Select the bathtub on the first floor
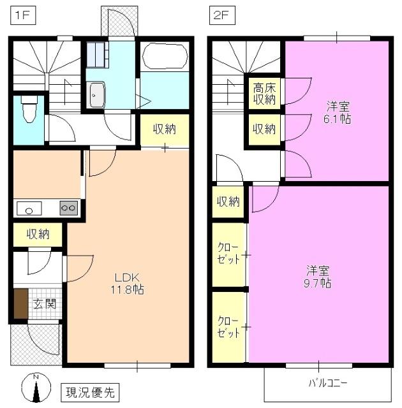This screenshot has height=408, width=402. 165,57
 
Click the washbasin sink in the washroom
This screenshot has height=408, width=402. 97,96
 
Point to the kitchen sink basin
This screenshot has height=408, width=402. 29,208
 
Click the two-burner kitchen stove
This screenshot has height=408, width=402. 68,208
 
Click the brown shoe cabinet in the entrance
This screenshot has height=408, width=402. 20,304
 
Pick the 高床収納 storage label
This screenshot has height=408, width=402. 264,94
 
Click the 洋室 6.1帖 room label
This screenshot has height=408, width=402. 338,112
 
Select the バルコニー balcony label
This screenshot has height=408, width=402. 328,383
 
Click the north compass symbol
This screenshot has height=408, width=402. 37,388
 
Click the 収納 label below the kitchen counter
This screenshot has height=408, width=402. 38,234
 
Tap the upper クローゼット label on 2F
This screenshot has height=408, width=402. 228,254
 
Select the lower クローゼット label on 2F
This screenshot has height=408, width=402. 228,326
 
